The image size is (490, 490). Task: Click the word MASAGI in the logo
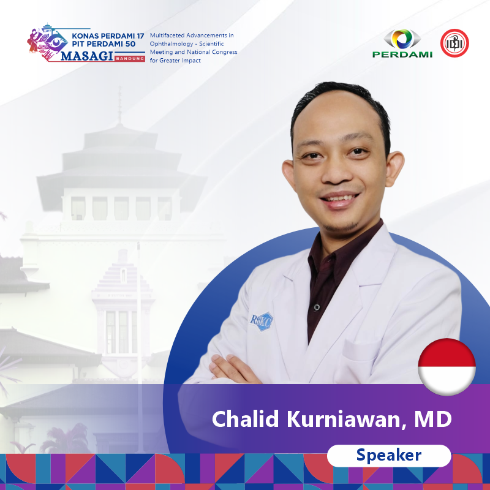click(87, 56)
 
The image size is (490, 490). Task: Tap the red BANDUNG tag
click(130, 58)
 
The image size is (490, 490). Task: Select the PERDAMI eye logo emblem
click(402, 39)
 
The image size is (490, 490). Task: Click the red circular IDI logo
click(454, 43)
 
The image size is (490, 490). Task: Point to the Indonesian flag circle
click(447, 366)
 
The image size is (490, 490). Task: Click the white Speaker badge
click(389, 456)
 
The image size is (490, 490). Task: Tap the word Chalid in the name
click(246, 419)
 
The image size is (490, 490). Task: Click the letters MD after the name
click(433, 419)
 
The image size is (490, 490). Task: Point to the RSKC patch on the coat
click(262, 321)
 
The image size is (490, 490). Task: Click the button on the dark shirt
click(316, 307)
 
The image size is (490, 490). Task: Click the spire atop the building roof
click(119, 105)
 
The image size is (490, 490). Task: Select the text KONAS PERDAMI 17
click(108, 36)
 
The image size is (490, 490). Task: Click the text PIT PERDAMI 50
click(104, 44)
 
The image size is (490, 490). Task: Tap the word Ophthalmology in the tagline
click(171, 44)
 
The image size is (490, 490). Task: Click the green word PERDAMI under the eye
click(402, 55)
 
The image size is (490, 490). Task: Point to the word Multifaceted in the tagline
click(167, 36)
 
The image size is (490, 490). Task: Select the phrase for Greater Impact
click(175, 61)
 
